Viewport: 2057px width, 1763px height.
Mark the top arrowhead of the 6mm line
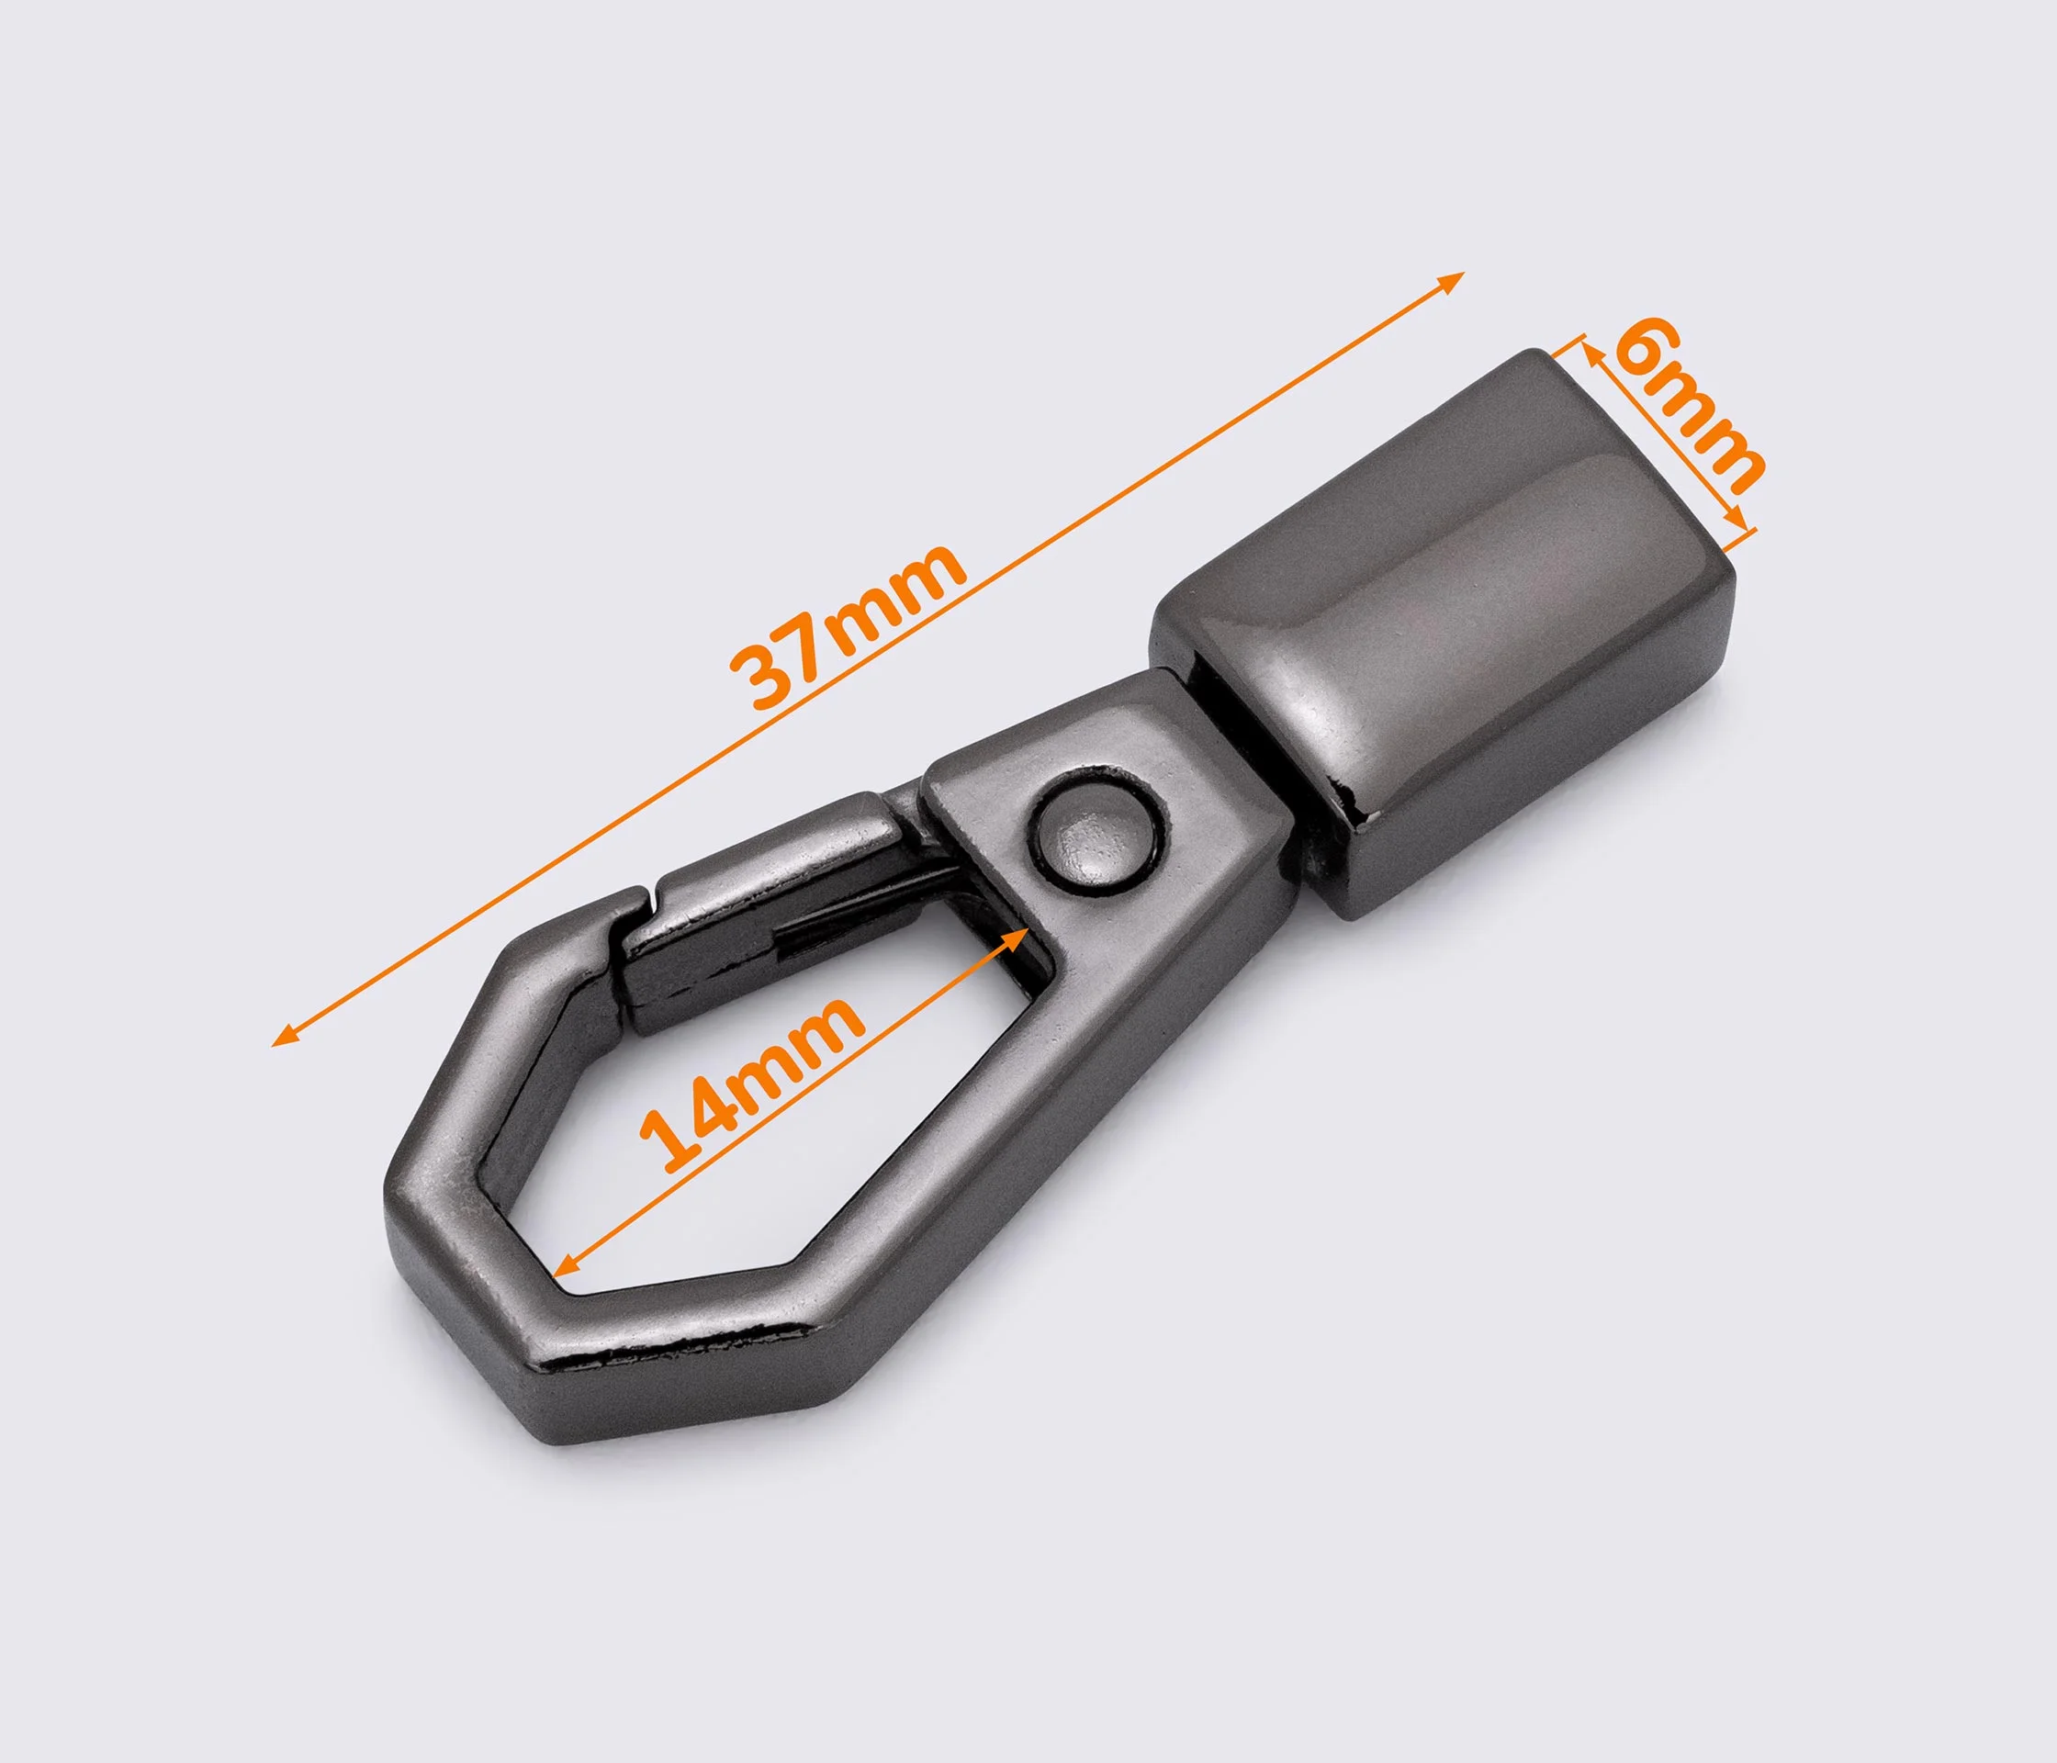point(1588,354)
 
